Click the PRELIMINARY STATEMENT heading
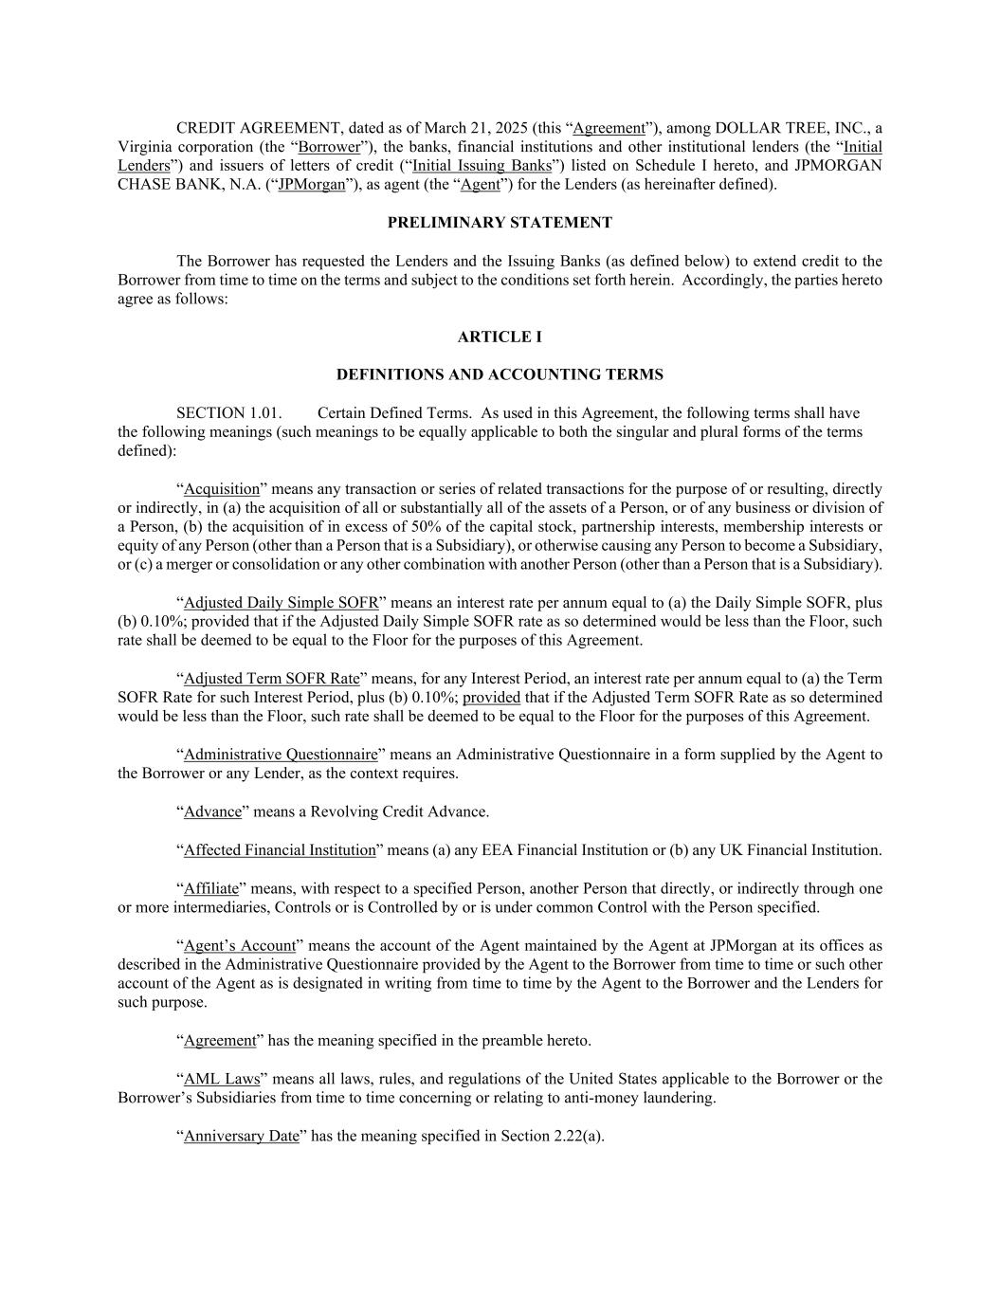(500, 223)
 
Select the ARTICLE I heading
(500, 337)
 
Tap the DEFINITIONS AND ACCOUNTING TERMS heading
(500, 374)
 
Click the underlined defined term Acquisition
(222, 489)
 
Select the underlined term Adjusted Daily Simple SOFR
(282, 603)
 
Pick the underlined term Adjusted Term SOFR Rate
(272, 679)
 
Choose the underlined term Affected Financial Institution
(280, 850)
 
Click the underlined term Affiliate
(211, 888)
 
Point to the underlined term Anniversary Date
(242, 1136)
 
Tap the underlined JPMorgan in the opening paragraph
(312, 185)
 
